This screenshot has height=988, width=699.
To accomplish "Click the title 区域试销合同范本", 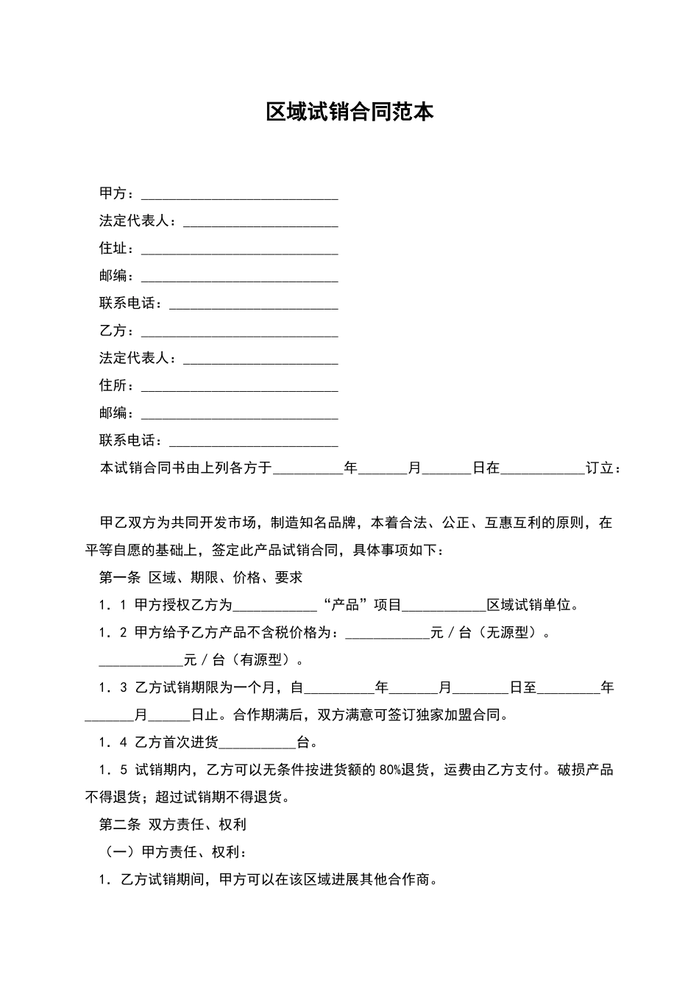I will pos(349,112).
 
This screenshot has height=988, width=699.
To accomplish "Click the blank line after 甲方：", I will pos(239,196).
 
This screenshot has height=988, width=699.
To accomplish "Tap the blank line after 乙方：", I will pos(239,333).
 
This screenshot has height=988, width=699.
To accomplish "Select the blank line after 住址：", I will pos(239,251).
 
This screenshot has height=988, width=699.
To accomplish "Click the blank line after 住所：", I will pos(239,387).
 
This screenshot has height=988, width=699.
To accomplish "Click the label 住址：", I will pos(117,248).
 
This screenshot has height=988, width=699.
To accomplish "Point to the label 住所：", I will pos(117,385).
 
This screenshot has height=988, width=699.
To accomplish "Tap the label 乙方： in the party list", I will pos(117,331).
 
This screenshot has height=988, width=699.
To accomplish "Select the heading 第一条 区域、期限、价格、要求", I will pos(201,578).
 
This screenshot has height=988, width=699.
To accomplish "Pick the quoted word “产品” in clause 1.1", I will pos(345,605).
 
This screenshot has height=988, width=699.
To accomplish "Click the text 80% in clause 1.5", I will pos(390,770).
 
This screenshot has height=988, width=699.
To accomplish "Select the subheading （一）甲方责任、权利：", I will pos(174,853).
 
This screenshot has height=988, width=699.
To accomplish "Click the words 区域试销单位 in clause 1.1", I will pos(529,605).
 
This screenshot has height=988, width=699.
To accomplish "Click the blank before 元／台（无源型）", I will pos(387,635).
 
